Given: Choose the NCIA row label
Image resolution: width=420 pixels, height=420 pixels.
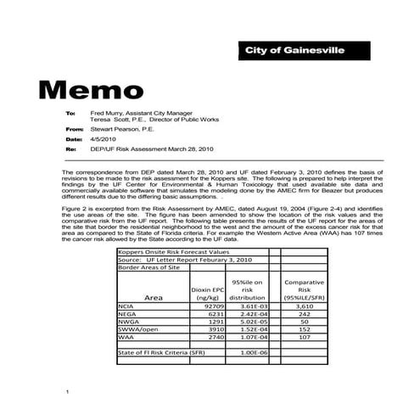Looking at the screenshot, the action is click(x=127, y=306).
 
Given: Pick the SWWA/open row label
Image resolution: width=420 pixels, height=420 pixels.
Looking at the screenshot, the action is click(x=137, y=329).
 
